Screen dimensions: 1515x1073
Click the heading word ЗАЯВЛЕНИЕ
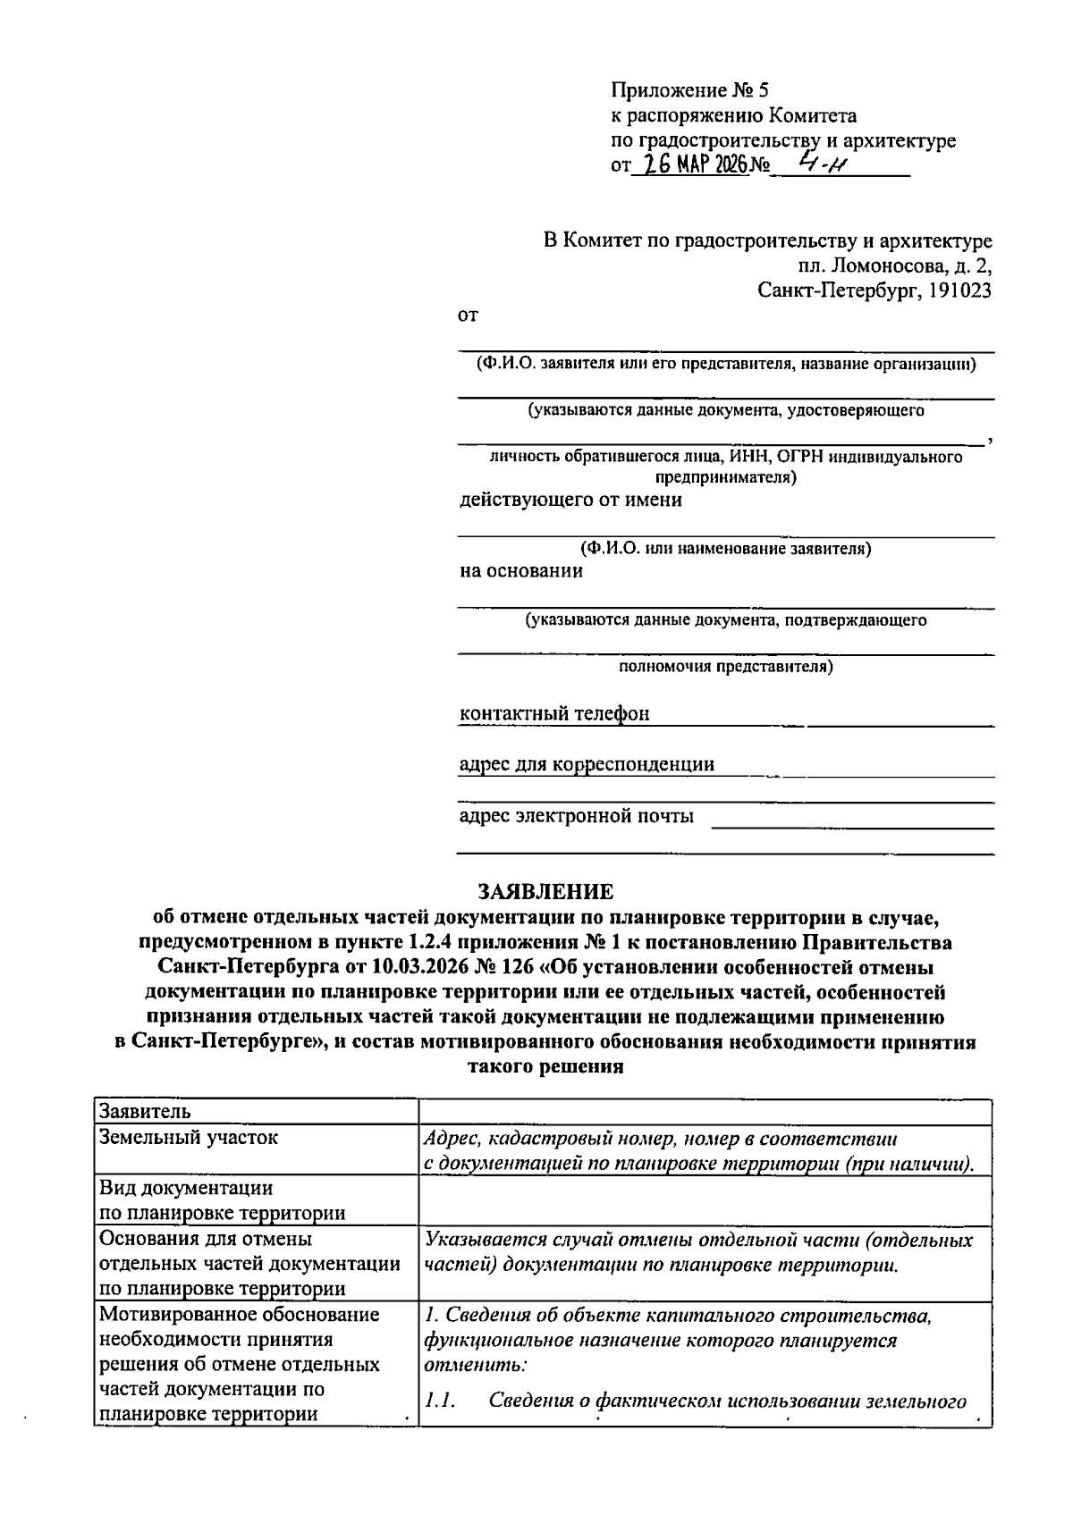tap(545, 892)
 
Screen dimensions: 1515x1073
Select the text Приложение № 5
tap(689, 90)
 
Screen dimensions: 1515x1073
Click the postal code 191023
tap(959, 290)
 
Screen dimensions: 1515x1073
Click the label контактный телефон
tap(553, 713)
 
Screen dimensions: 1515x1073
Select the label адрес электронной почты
tap(576, 815)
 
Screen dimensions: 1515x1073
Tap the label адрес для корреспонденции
tap(587, 764)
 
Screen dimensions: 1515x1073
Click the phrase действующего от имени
tap(570, 500)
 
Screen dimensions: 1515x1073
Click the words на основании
tap(521, 571)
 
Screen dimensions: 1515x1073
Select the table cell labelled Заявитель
tap(145, 1112)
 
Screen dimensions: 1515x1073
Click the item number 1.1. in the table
tap(441, 1401)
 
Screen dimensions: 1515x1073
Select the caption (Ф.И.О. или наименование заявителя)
tap(725, 549)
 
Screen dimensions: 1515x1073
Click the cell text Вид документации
tap(186, 1188)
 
